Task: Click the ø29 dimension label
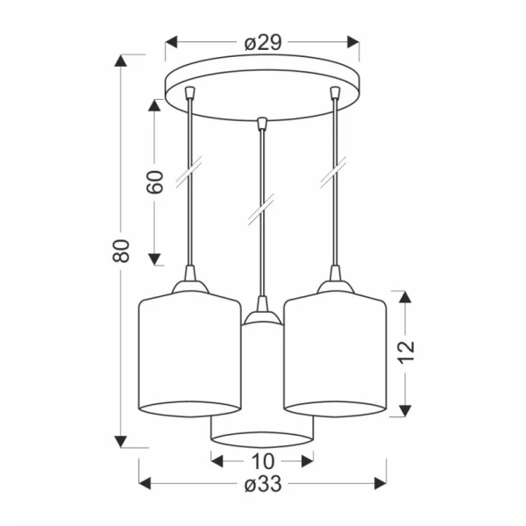(x=263, y=43)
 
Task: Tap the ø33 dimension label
(x=263, y=484)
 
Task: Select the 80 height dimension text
(x=121, y=251)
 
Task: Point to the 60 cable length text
(x=154, y=182)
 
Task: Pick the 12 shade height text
(x=406, y=352)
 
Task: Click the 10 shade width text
(x=263, y=461)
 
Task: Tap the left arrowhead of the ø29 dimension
(x=172, y=43)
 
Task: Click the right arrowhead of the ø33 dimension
(x=380, y=483)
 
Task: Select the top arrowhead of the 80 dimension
(x=121, y=60)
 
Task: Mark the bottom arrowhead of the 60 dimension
(x=154, y=259)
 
